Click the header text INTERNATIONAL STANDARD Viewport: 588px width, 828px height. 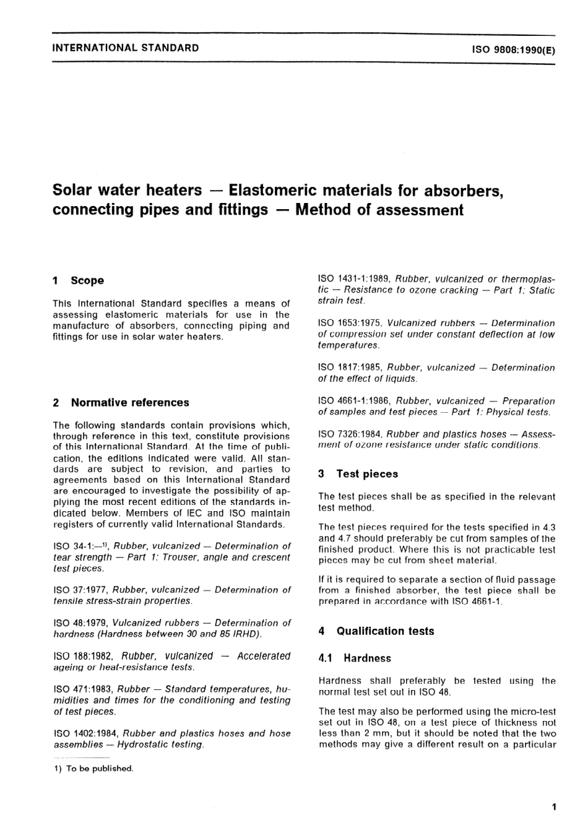point(126,48)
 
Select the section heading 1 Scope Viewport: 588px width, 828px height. point(79,280)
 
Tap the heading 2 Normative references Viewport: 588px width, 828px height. point(121,402)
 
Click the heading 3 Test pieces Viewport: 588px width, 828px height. point(358,474)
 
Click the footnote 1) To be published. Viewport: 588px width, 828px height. point(93,769)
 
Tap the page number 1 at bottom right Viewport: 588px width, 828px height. point(553,806)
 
